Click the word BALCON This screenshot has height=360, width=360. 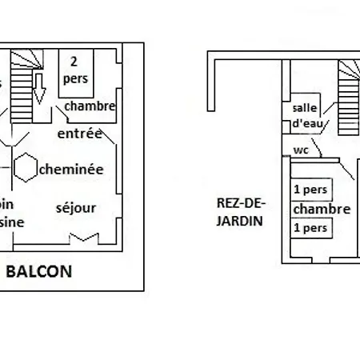pos(39,271)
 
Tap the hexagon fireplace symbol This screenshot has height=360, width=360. pos(26,166)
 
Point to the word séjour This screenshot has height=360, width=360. pos(76,208)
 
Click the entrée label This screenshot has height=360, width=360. pos(79,134)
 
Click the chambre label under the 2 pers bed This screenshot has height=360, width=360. pos(90,106)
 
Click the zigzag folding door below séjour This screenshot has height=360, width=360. pos(83,238)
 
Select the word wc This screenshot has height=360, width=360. pos(301,150)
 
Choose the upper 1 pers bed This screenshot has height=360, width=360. pos(312,190)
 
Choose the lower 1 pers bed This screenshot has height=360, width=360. pos(312,228)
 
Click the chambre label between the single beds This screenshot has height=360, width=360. pos(322,209)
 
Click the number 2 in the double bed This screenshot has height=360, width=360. pos(74,61)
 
